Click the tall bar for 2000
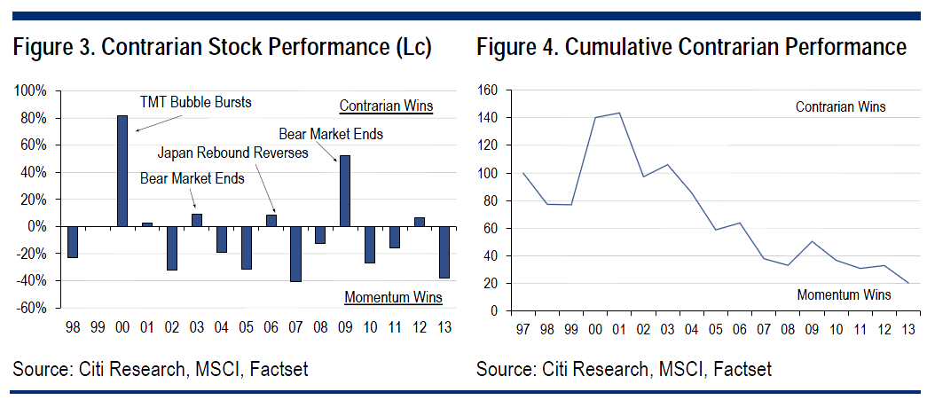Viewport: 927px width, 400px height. coord(122,171)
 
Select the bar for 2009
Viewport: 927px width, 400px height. coord(345,191)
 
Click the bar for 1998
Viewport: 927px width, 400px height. coord(73,242)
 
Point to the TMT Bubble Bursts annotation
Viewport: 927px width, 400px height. coord(196,102)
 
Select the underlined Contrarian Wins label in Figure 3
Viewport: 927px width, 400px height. coord(386,106)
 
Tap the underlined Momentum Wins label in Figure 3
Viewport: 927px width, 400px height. coord(393,297)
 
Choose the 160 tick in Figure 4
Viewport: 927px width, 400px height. coord(490,90)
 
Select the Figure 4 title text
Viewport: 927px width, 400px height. coord(691,47)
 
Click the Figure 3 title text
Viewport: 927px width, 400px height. coord(222,47)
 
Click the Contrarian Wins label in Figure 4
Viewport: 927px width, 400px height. coord(840,107)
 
